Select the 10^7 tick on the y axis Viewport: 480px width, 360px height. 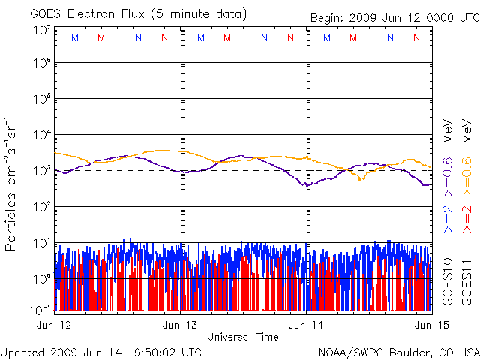tap(41, 30)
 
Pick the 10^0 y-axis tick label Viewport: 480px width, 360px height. tap(41, 279)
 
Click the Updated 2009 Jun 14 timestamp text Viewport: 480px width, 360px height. tap(100, 351)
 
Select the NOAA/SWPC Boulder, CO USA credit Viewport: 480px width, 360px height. tap(398, 351)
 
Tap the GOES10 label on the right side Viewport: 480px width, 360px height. tap(448, 280)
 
